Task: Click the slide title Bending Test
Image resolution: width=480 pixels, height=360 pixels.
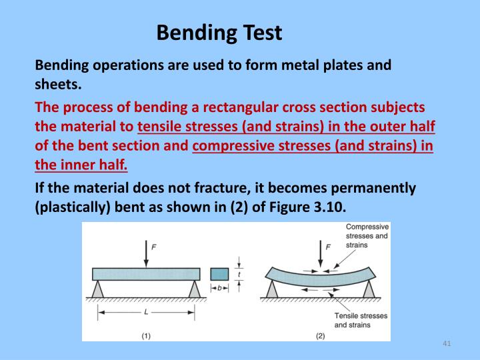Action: click(x=219, y=32)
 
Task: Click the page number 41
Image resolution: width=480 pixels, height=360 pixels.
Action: click(x=447, y=343)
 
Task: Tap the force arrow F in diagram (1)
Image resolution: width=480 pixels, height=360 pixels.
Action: click(x=145, y=254)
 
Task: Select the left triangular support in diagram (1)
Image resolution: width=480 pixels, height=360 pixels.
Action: click(x=99, y=289)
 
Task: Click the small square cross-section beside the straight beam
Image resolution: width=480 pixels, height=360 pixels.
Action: click(x=219, y=273)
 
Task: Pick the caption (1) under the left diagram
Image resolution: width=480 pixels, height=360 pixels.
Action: click(x=146, y=335)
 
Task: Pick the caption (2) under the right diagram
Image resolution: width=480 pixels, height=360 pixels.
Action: click(x=320, y=335)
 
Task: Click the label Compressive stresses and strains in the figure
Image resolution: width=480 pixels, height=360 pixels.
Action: click(x=367, y=236)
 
